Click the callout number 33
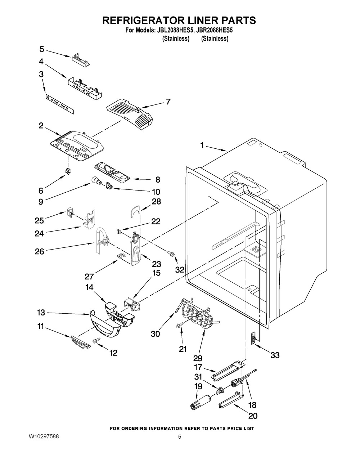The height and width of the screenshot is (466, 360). coord(275,355)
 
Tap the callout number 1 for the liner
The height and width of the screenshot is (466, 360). coord(202,145)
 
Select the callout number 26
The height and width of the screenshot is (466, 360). coord(40,251)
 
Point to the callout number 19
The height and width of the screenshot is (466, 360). coord(198,386)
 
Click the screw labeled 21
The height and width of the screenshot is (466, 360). coord(179,325)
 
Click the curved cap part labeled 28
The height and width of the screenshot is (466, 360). coord(135,212)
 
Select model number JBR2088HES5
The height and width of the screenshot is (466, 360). coord(215,31)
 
